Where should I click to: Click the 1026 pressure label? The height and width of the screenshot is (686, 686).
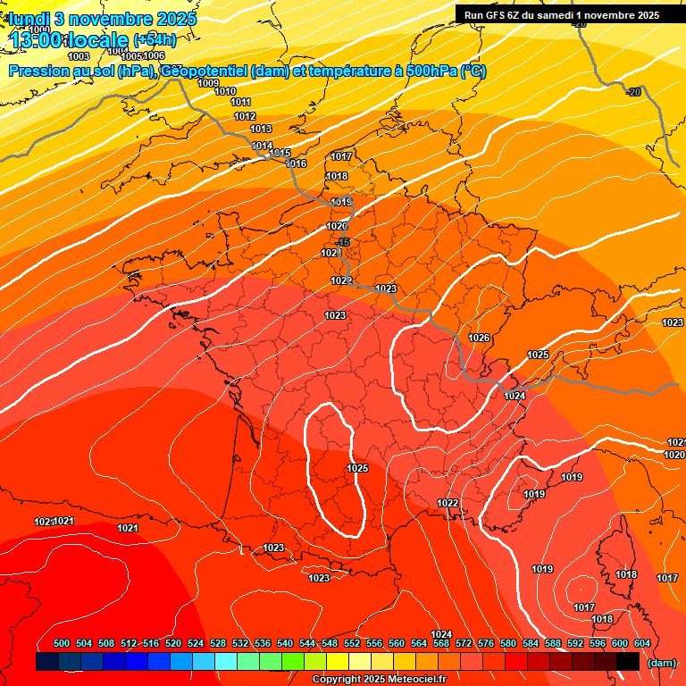(x=479, y=338)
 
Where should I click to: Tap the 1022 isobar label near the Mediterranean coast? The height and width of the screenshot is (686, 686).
(x=448, y=504)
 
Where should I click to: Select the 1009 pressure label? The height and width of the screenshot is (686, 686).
(x=208, y=83)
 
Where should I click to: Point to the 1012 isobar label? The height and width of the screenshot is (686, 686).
(x=245, y=117)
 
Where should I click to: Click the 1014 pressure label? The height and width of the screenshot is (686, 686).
(x=262, y=146)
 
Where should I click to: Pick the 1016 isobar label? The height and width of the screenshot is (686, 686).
(x=297, y=163)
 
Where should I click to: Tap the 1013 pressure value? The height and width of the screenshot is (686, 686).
(x=261, y=130)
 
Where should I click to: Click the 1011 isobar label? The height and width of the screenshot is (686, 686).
(x=240, y=103)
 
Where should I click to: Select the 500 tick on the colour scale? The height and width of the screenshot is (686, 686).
(x=62, y=643)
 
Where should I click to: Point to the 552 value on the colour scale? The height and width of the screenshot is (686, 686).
(x=352, y=643)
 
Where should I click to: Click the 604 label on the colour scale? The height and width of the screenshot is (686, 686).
(x=642, y=643)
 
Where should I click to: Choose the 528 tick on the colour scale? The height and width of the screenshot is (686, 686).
(x=218, y=643)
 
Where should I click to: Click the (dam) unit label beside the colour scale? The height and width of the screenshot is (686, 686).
(x=661, y=662)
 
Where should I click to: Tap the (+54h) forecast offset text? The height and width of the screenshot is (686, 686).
(x=155, y=39)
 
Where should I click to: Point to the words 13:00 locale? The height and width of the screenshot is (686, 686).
(x=70, y=39)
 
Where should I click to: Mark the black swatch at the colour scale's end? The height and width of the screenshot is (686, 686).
(x=628, y=661)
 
